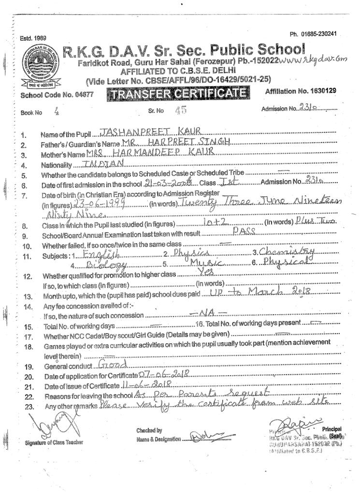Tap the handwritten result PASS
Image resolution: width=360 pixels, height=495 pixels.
pos(244,233)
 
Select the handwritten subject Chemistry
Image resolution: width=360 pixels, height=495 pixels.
pos(288,251)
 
